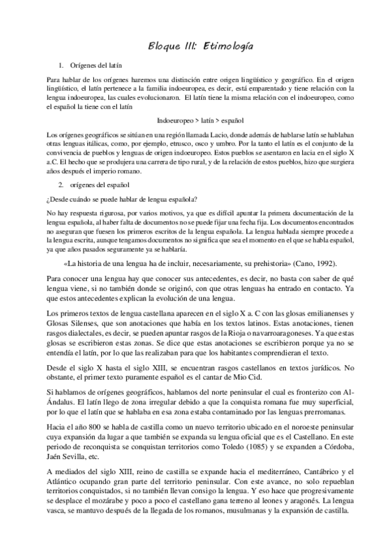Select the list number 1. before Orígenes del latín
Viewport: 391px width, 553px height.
[x=61, y=66]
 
